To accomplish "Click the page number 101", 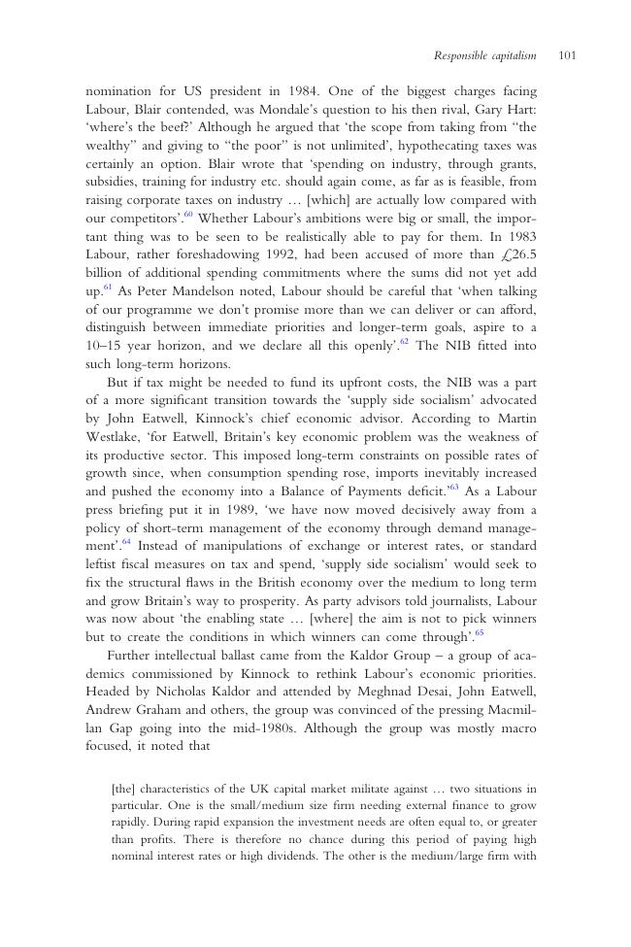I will tap(568, 55).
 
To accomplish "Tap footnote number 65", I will tap(479, 633).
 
